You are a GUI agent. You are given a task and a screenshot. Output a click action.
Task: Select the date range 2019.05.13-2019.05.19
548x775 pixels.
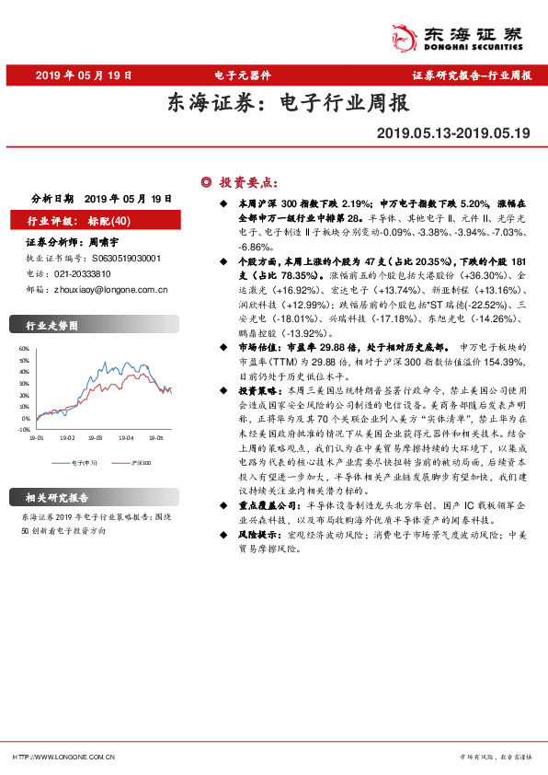tap(453, 133)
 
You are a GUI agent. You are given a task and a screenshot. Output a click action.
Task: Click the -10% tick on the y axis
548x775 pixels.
tap(23, 428)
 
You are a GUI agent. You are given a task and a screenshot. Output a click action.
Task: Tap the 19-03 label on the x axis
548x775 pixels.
tap(95, 438)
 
